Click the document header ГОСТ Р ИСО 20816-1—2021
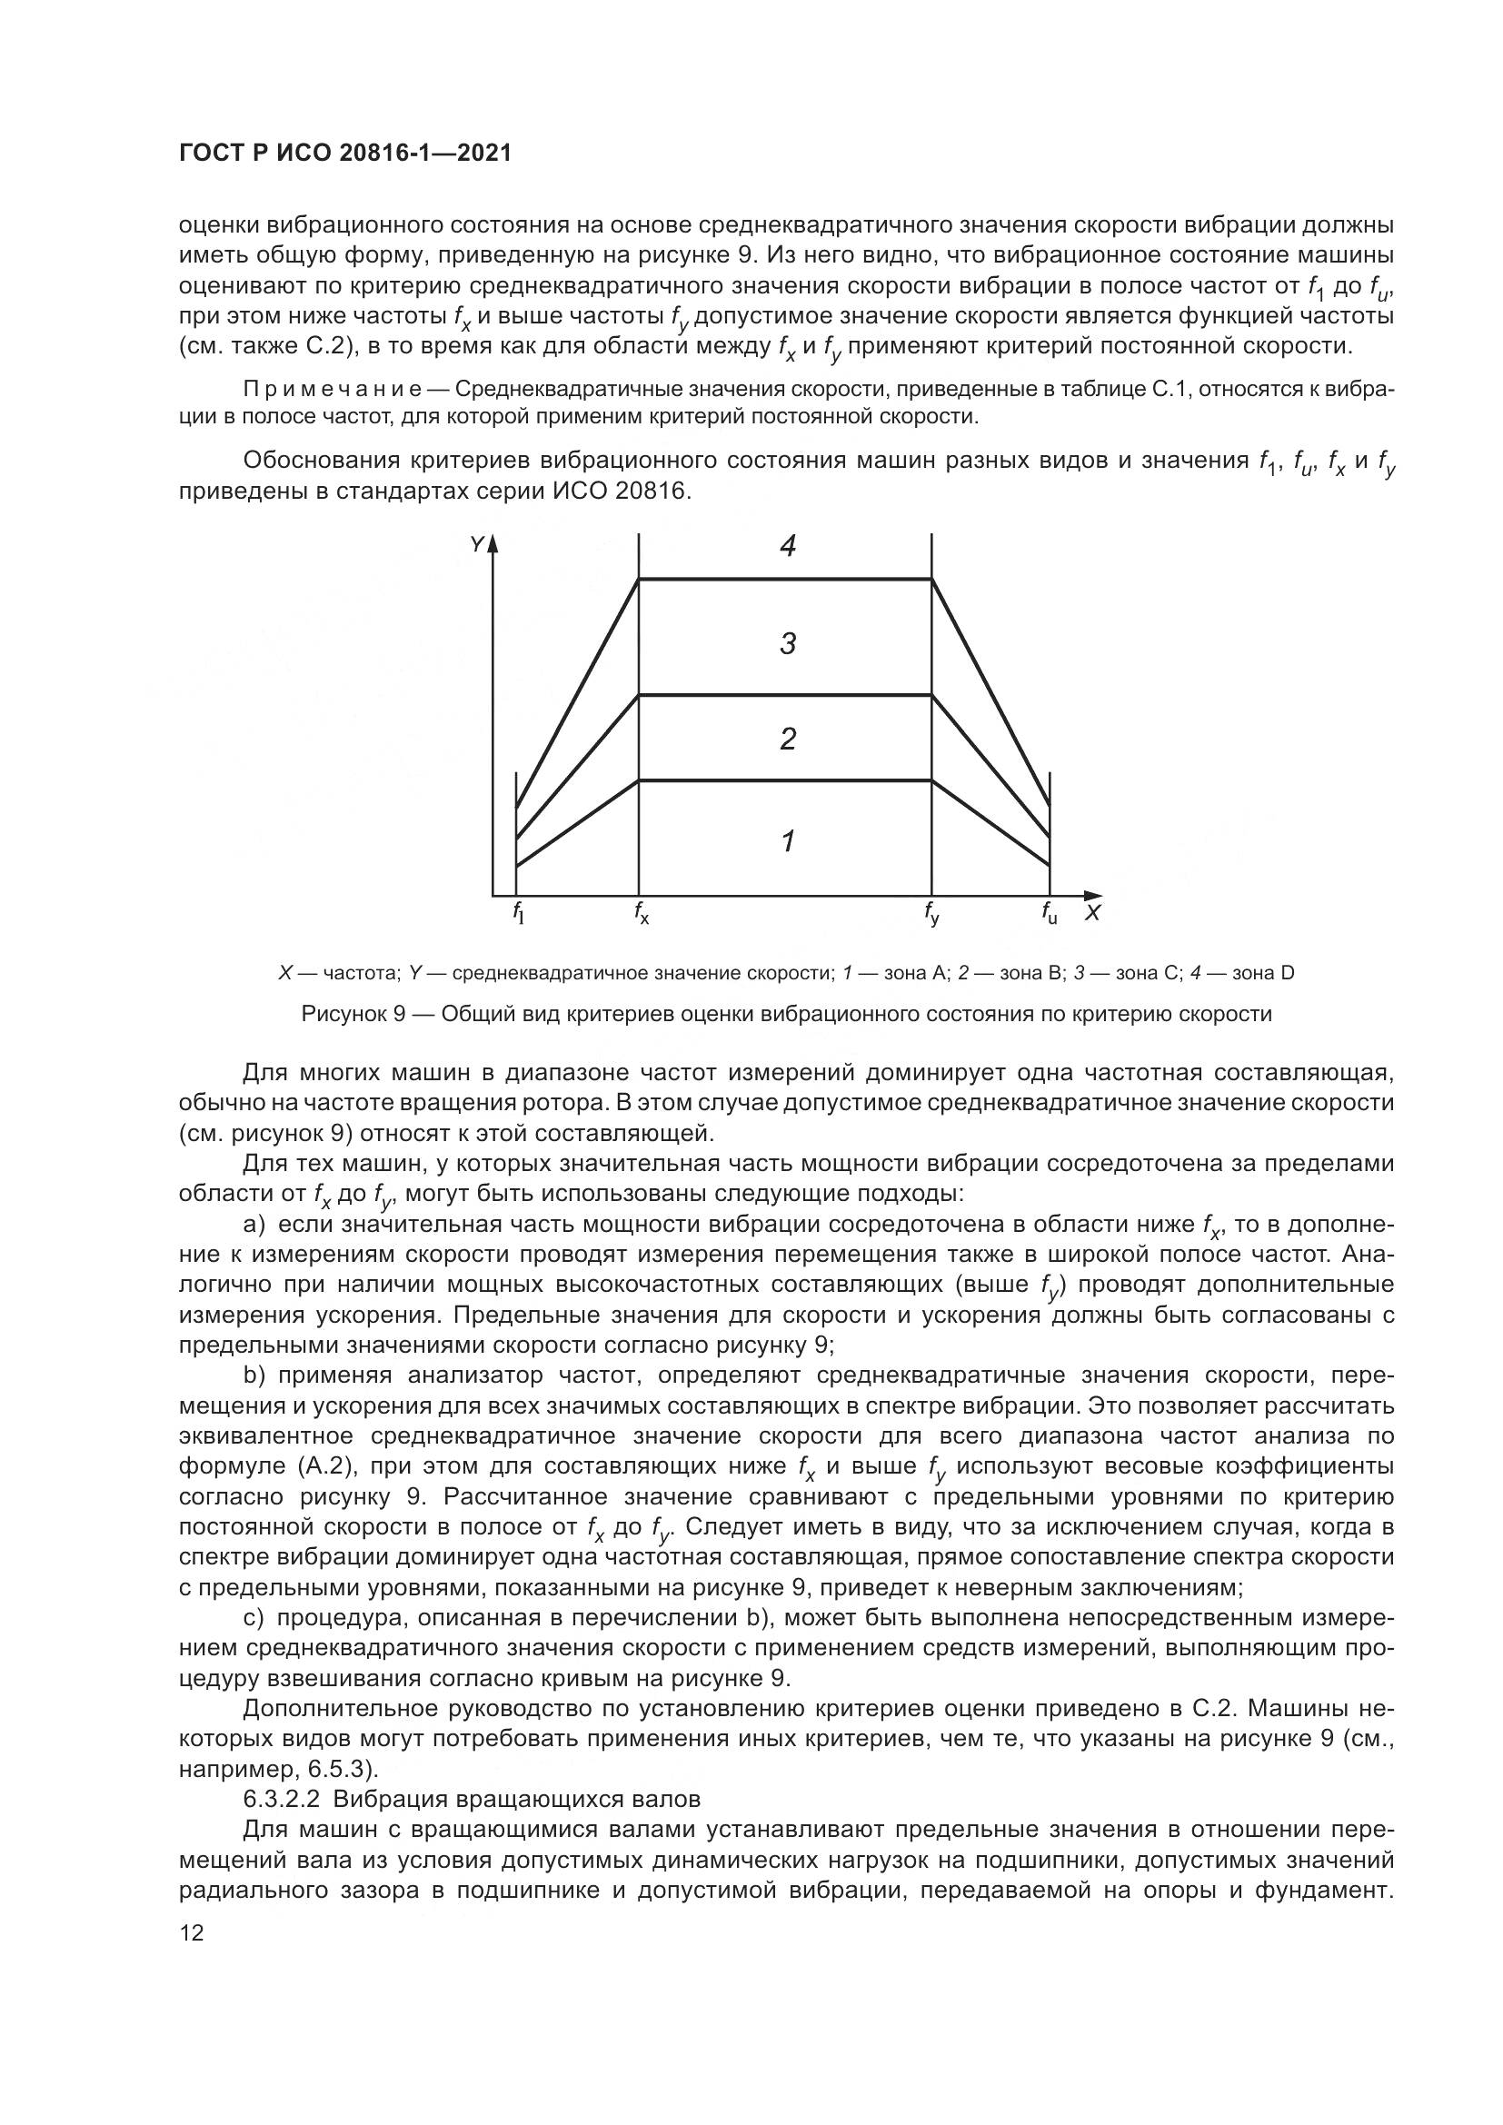344,154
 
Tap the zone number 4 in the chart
788,547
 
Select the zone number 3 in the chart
788,643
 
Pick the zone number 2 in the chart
788,739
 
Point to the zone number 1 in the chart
788,841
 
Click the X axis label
1092,913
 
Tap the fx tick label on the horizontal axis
642,913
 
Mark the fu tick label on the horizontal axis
1049,913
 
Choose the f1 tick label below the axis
518,913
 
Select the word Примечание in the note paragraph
333,389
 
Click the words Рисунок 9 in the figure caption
353,1015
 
